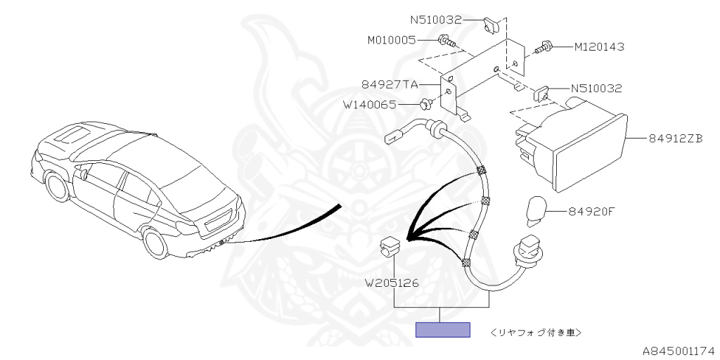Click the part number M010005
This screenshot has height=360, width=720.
click(391, 40)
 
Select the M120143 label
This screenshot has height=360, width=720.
click(599, 46)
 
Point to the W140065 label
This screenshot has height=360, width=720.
click(369, 105)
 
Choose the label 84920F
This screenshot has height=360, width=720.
click(591, 212)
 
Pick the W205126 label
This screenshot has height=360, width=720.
click(391, 283)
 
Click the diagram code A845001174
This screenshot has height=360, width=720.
click(680, 352)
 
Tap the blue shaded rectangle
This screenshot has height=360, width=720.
click(443, 330)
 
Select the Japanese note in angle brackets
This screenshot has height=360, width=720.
click(536, 331)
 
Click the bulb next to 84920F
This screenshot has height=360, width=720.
click(535, 212)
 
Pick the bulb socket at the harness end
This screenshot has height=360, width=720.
click(528, 251)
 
